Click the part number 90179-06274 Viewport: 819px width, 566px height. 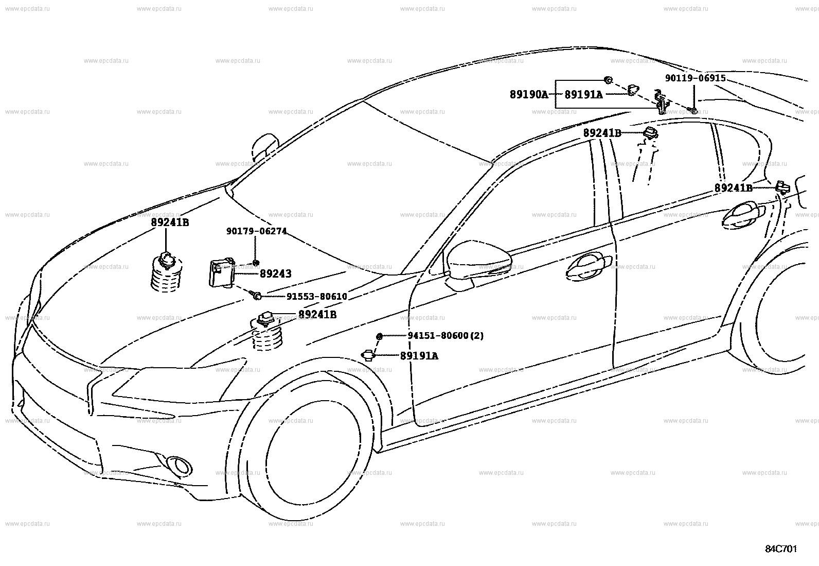coord(256,232)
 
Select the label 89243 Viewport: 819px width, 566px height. coord(275,274)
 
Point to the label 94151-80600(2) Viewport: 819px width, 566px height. coord(446,336)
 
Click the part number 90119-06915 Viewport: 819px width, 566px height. coord(695,78)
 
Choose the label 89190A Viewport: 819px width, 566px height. coord(529,95)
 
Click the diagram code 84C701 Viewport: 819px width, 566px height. coord(780,549)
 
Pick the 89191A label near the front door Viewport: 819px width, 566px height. coord(419,356)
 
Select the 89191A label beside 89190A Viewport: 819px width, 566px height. coord(583,95)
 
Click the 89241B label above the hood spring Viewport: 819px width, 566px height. coord(170,223)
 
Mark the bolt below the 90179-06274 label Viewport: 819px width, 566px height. coord(256,263)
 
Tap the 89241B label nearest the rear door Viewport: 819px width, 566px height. coord(733,188)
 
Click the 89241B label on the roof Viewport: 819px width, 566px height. coord(602,133)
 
